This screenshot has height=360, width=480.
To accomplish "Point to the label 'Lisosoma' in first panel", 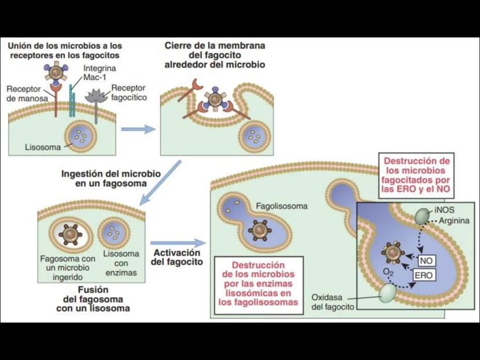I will point(42,147).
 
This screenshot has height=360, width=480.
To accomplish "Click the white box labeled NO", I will point(426,261).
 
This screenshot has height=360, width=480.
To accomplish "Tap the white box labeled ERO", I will point(423,275).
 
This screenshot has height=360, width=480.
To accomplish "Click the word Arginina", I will point(454,220).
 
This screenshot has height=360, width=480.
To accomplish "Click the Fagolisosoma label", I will point(282,206).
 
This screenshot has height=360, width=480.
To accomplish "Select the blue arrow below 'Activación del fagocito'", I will point(177,242).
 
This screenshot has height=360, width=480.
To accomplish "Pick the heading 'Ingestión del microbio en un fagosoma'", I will point(103,178).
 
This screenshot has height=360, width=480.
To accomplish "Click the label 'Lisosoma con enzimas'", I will point(121,263).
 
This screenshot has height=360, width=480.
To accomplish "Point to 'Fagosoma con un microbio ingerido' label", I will point(67,267).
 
